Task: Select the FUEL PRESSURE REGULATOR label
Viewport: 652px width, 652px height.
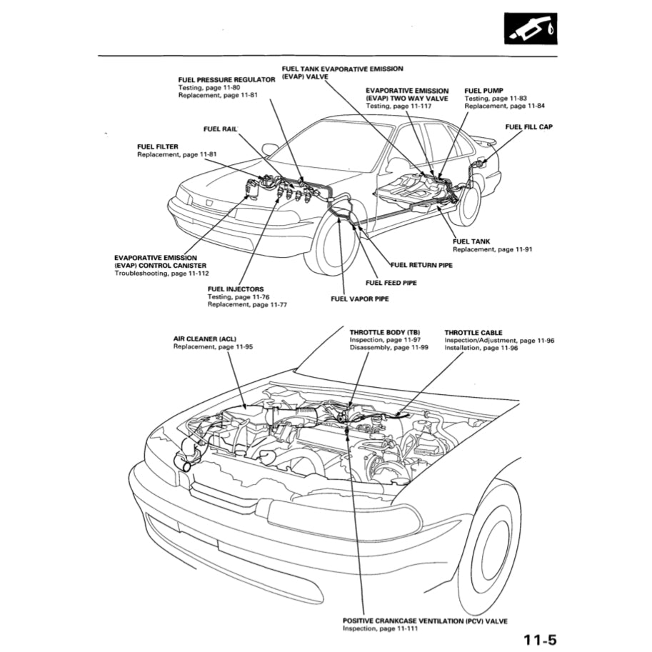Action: click(x=226, y=80)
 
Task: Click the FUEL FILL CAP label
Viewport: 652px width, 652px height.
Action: click(x=528, y=126)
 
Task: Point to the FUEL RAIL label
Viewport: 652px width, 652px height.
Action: click(x=219, y=129)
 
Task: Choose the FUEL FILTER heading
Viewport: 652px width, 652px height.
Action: click(x=157, y=146)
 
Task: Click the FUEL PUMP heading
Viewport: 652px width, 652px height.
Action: click(x=483, y=91)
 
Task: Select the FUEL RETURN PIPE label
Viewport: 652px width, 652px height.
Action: click(x=422, y=265)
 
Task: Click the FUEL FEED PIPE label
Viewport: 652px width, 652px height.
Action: click(x=391, y=283)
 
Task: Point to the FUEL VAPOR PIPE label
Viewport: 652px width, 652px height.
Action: click(x=359, y=299)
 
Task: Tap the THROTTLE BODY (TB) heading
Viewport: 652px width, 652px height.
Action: click(x=385, y=332)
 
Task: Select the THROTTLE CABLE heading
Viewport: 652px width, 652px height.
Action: click(x=473, y=332)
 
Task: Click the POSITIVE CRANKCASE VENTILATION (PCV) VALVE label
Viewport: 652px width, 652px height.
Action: click(x=425, y=621)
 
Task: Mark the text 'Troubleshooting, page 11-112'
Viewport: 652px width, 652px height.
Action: click(x=161, y=274)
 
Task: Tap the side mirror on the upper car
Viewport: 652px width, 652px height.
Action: click(x=269, y=149)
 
